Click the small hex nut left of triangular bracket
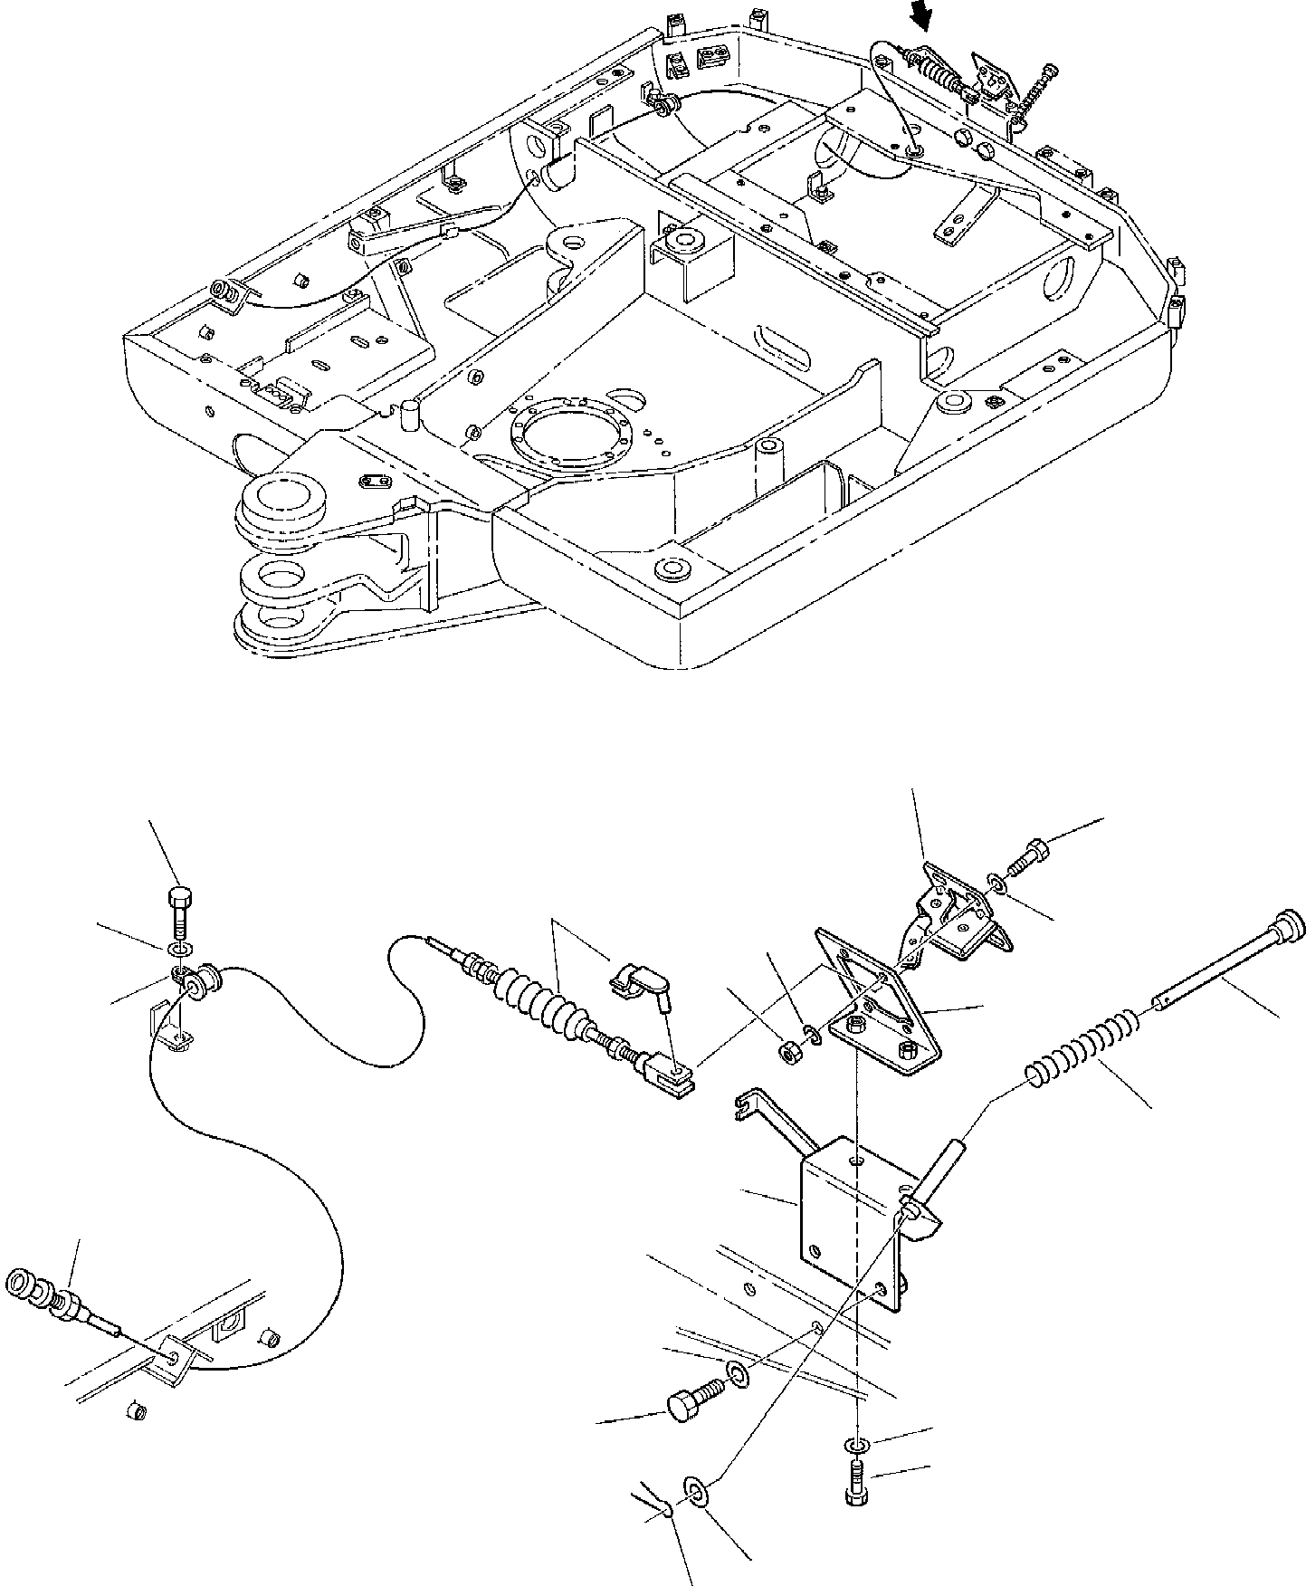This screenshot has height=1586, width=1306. pyautogui.click(x=789, y=1053)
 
